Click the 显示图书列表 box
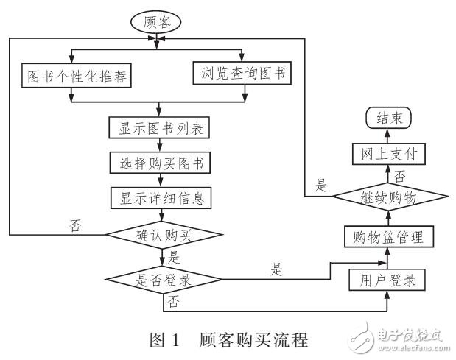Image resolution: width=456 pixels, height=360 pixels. tap(160, 127)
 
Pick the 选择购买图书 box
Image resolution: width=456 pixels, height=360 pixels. tap(160, 161)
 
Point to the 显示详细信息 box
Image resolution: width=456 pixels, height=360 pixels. tap(160, 197)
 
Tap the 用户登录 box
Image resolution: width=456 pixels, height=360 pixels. tap(387, 280)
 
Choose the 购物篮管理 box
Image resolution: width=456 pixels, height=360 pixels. tap(387, 236)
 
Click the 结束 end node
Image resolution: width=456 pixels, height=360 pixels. tap(387, 118)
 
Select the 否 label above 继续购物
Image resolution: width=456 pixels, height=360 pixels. tap(400, 177)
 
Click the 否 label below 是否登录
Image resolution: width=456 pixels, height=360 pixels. tap(175, 300)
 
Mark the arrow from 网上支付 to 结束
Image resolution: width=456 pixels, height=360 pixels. tap(387, 135)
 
